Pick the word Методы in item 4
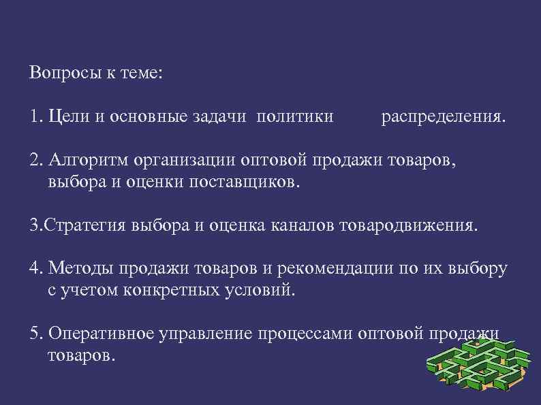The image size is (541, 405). click(x=76, y=269)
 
